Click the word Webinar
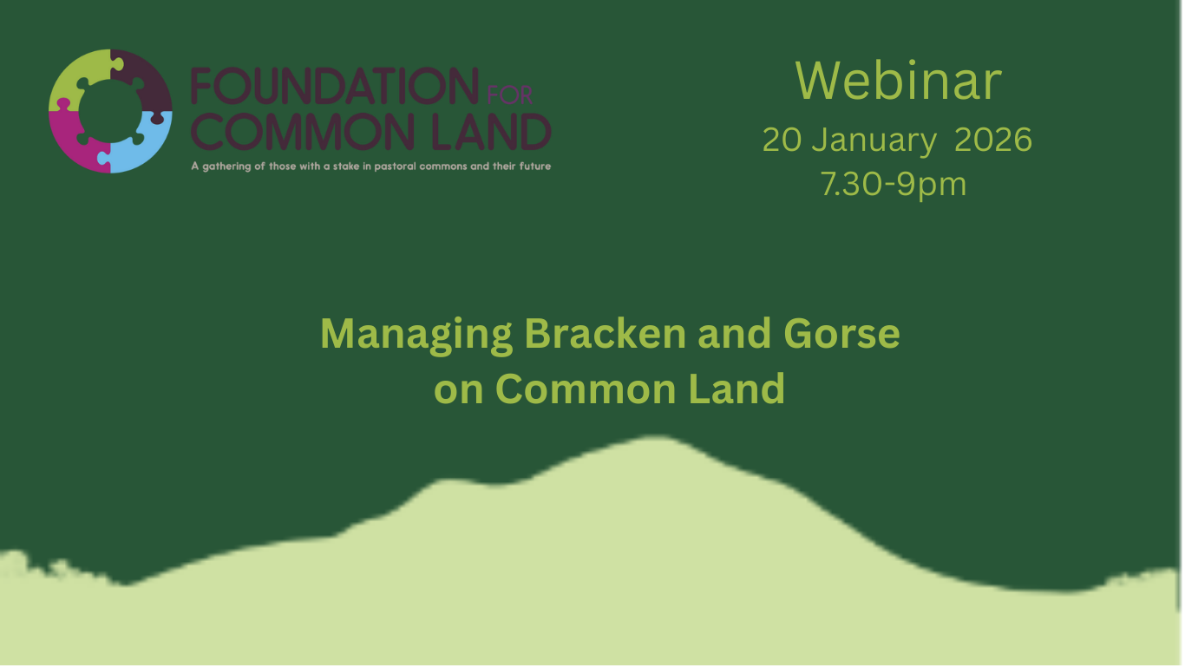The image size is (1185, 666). [x=898, y=81]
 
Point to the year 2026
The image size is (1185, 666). [x=993, y=140]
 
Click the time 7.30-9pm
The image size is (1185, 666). [x=893, y=184]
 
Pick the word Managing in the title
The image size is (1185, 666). [x=416, y=335]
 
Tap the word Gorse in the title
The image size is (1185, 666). [x=841, y=335]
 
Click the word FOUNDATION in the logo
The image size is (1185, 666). [x=334, y=88]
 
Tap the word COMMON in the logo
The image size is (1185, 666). [x=291, y=132]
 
